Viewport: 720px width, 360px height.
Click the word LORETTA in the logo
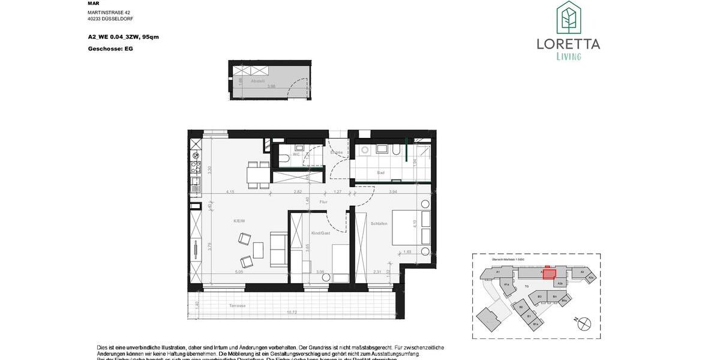[568, 44]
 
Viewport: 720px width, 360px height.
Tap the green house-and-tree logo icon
[568, 17]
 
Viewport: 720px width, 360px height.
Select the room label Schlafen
[379, 224]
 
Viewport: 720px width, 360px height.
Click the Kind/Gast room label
[321, 233]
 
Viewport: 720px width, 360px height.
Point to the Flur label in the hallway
[323, 202]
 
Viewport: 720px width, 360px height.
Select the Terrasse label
[238, 306]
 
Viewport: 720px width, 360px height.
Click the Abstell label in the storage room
[258, 80]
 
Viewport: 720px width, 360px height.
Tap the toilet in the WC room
[283, 158]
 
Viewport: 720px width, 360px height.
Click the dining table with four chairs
[259, 175]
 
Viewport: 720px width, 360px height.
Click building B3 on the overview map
[540, 296]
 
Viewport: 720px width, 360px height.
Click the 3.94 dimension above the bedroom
[394, 191]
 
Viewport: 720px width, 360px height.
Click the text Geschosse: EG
[110, 49]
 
